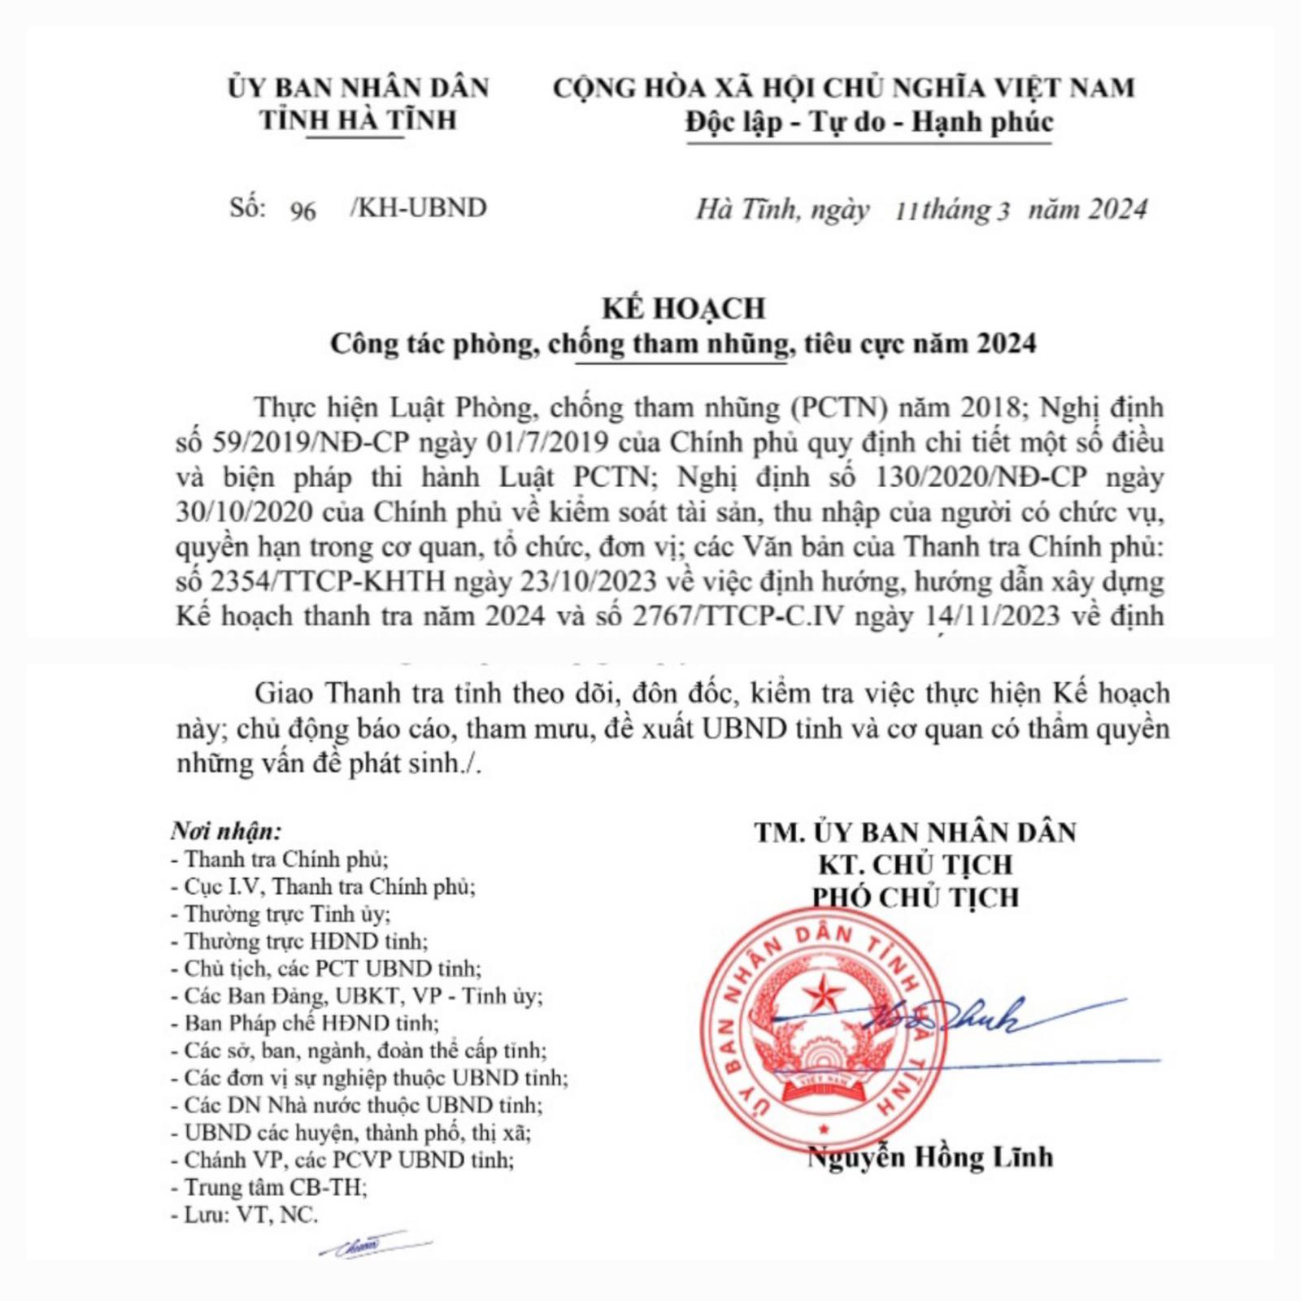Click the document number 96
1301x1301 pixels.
[302, 211]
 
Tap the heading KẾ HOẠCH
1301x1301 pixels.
[684, 308]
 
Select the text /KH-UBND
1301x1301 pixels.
[419, 208]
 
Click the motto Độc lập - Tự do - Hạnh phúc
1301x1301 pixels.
[869, 123]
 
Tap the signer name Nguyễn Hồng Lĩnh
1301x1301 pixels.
[930, 1156]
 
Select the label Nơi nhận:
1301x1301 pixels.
[226, 831]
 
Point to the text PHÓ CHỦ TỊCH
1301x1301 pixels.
[916, 897]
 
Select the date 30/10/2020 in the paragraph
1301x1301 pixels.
[245, 512]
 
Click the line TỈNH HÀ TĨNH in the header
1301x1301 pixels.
[358, 120]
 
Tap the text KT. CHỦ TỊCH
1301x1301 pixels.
[916, 864]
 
